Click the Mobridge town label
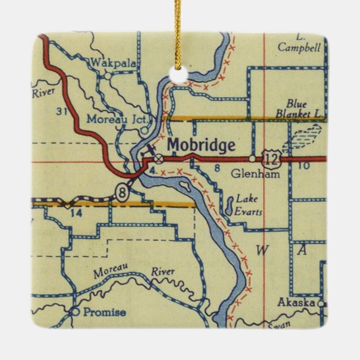coord(201,145)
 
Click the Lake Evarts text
coord(249,205)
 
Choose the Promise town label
coord(105,312)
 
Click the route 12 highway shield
coord(272,160)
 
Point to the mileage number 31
coord(63,111)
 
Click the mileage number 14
coord(77,212)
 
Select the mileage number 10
coord(304,166)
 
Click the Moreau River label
coord(134,272)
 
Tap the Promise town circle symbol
coord(75,311)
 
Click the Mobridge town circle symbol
coord(159,159)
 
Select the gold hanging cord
coord(178,28)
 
